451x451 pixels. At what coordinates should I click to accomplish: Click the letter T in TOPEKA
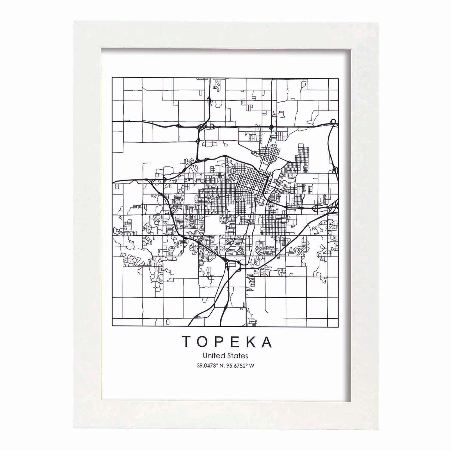186,342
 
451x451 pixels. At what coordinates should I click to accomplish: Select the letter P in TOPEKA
219,342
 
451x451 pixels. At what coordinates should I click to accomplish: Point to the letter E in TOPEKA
234,342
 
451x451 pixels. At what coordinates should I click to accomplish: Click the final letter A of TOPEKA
267,342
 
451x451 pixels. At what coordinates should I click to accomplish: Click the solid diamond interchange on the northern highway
272,127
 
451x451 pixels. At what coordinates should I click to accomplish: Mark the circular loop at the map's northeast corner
333,121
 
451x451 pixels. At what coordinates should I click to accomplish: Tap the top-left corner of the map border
112,78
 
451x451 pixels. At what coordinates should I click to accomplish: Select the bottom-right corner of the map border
339,326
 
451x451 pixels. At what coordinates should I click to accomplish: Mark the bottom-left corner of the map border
112,326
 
